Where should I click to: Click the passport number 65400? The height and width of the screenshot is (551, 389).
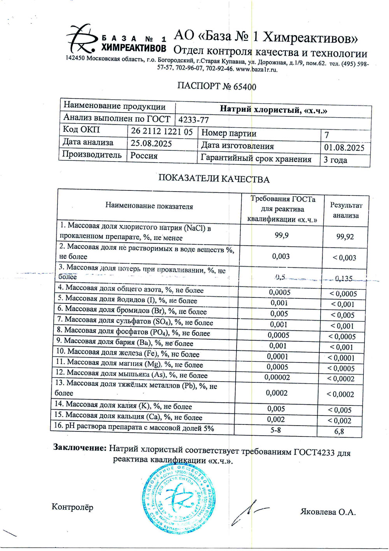pos(245,86)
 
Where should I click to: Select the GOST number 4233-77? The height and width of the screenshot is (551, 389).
pos(193,120)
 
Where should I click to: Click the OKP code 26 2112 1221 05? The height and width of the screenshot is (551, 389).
pos(162,132)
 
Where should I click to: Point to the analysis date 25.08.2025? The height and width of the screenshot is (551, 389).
pos(151,143)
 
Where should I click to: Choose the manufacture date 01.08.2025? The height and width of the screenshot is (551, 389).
pos(344,148)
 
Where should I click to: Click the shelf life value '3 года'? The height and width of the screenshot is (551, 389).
pos(335,160)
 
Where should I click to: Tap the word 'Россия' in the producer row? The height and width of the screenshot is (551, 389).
pos(144,156)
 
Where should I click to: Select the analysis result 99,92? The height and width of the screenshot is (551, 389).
pos(345,237)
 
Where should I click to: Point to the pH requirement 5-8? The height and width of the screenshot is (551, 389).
pos(275,430)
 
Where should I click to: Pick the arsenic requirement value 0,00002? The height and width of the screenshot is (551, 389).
pos(277,377)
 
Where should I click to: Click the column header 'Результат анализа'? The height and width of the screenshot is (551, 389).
pos(346,210)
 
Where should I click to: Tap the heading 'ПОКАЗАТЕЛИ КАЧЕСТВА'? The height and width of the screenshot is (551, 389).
pos(214,179)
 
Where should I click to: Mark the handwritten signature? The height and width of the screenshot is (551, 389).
pos(245,514)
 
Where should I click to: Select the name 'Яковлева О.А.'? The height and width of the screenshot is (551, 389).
pos(328,512)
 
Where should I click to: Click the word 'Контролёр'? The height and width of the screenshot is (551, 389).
pos(72,507)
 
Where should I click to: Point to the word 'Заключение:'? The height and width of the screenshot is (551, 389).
pos(80,448)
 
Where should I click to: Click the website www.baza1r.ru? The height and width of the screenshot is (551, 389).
pos(257,69)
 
